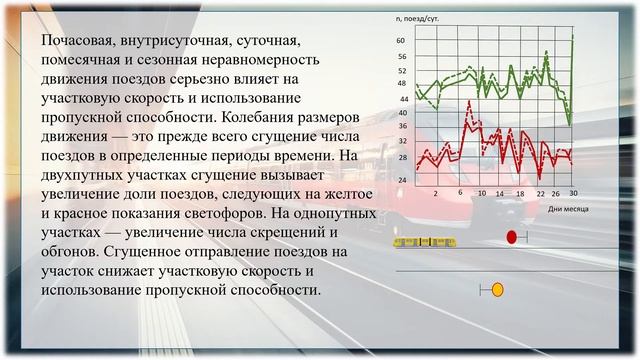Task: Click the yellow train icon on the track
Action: pos(426,241)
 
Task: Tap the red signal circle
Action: pos(512,237)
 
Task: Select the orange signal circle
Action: pos(497,290)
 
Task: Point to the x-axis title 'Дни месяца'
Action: pos(568,208)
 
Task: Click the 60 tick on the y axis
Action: pos(401,40)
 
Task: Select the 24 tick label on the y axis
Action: pos(401,180)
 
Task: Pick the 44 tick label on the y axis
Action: pos(401,99)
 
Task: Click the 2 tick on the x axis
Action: pos(436,192)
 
